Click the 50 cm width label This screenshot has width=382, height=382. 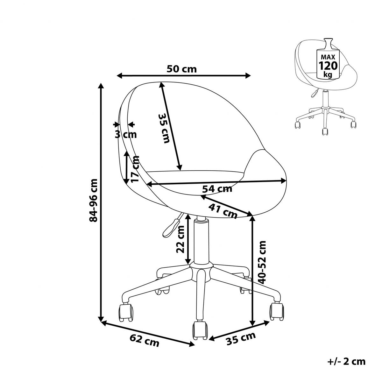pyautogui.click(x=181, y=69)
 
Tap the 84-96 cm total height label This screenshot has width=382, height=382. pyautogui.click(x=93, y=200)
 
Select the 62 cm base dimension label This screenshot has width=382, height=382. pyautogui.click(x=144, y=341)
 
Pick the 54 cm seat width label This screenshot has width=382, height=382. pyautogui.click(x=217, y=189)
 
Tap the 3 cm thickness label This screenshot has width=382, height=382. pyautogui.click(x=126, y=135)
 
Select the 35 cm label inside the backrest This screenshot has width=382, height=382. pyautogui.click(x=164, y=128)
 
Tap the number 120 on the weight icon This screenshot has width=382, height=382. pyautogui.click(x=328, y=66)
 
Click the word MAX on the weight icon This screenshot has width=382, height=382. pyautogui.click(x=328, y=57)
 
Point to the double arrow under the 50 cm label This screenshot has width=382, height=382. pyautogui.click(x=184, y=75)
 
